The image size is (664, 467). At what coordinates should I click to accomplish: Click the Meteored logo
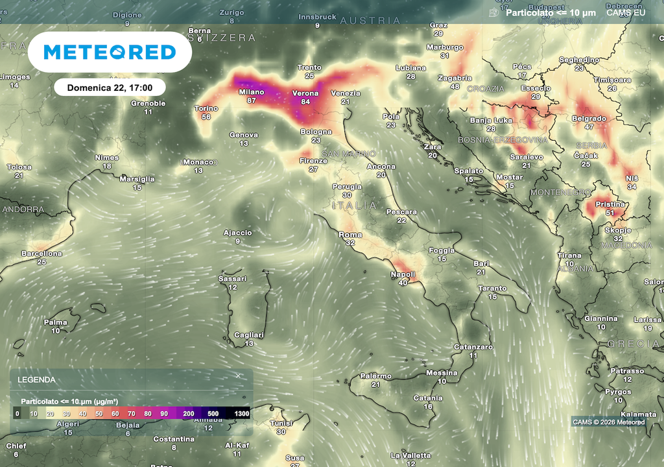coord(110,52)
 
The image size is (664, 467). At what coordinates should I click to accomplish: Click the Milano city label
coord(251,92)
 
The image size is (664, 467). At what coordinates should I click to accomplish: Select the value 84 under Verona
coord(305,101)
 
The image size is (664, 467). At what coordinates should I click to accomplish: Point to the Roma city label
coord(350,235)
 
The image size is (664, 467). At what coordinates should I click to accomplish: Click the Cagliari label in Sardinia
coord(250,335)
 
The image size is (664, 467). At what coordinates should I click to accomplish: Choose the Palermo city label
coord(376,376)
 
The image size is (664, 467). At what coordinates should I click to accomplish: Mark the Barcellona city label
coord(41,254)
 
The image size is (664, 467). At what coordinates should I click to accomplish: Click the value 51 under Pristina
coord(610,212)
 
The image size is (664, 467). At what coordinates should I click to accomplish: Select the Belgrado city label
coord(589,119)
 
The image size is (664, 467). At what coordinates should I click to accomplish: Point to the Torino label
coord(206,108)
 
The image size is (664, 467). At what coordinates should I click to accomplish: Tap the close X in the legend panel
coord(238,376)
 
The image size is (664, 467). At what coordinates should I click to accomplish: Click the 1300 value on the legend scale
coord(241,413)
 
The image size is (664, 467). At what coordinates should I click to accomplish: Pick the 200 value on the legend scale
coord(189,413)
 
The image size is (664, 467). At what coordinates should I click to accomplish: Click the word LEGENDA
coord(36,380)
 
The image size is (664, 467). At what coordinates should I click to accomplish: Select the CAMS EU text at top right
coord(625,12)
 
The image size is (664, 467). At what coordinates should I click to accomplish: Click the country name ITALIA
coord(353,205)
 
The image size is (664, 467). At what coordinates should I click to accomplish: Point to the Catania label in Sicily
coord(428,398)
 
